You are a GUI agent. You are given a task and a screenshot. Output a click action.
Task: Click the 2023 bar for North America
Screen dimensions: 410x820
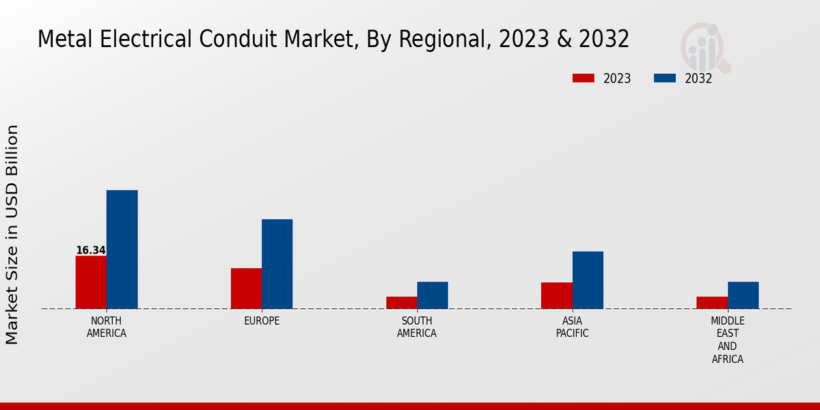(91, 282)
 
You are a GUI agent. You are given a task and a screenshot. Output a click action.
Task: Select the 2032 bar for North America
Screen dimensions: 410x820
(122, 249)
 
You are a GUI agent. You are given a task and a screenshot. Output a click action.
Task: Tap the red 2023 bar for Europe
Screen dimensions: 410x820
(246, 288)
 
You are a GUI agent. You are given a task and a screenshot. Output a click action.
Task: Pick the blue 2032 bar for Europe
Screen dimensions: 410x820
(277, 264)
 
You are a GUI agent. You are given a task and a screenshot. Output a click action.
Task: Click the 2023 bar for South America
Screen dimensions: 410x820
(401, 303)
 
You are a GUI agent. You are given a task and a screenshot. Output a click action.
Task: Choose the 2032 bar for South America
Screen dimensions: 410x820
(433, 295)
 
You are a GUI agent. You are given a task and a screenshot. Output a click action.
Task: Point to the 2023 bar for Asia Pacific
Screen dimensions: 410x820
(556, 295)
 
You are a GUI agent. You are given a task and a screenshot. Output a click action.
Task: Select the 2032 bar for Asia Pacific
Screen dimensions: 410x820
(588, 280)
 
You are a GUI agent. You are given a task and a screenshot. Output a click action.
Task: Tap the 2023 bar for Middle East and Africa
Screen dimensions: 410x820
(711, 303)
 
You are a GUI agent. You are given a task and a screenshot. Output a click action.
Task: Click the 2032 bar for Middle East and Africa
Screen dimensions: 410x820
(743, 295)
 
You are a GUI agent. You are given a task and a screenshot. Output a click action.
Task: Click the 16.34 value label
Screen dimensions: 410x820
(90, 250)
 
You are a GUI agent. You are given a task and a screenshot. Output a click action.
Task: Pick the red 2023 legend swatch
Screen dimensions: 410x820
(584, 79)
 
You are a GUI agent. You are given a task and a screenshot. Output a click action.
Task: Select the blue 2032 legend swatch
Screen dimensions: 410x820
(664, 79)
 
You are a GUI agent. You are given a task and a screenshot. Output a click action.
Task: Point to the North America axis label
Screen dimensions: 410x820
(107, 327)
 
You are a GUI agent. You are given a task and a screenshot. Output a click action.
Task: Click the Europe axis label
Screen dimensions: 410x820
(262, 321)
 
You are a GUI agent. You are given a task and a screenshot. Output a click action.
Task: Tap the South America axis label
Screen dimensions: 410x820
(417, 327)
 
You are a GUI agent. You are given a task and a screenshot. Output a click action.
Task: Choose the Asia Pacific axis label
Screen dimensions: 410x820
(572, 327)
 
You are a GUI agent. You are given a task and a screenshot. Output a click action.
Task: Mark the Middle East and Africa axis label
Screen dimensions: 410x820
(727, 340)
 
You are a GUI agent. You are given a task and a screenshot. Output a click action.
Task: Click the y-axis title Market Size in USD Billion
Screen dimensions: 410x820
(12, 234)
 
